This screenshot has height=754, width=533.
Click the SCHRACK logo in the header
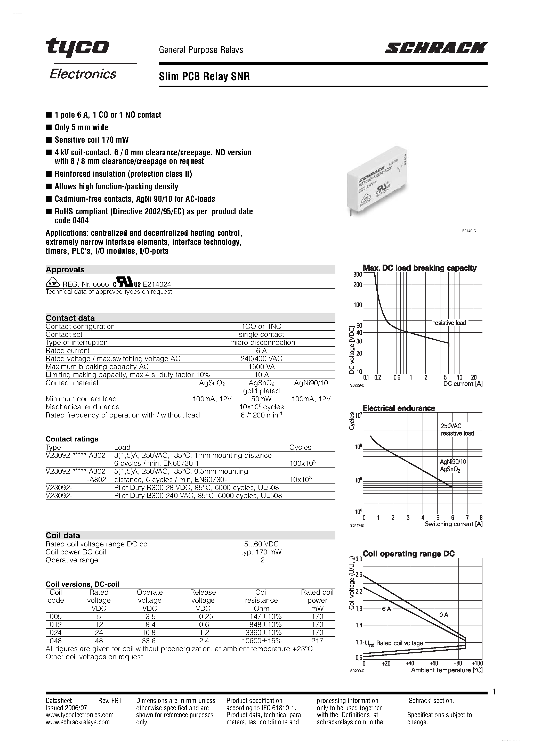pyautogui.click(x=436, y=48)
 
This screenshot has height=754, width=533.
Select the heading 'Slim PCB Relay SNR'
pyautogui.click(x=204, y=77)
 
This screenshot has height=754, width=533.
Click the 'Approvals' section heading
pyautogui.click(x=65, y=270)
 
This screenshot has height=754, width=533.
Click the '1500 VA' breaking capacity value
pyautogui.click(x=261, y=366)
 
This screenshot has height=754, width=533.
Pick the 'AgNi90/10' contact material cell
pyautogui.click(x=311, y=383)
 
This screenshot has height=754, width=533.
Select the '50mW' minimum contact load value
pyautogui.click(x=261, y=399)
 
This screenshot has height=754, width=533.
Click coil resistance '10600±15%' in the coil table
pyautogui.click(x=261, y=640)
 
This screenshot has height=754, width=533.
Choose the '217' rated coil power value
pyautogui.click(x=317, y=640)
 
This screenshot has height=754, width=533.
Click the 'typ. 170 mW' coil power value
pyautogui.click(x=261, y=552)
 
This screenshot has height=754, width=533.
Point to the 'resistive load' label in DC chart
pyautogui.click(x=449, y=323)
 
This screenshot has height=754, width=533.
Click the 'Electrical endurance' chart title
pyautogui.click(x=399, y=408)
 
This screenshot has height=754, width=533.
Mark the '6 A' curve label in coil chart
pyautogui.click(x=387, y=609)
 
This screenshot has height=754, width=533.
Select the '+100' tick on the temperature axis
pyautogui.click(x=477, y=663)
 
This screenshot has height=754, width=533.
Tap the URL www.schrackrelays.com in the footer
pyautogui.click(x=78, y=722)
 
